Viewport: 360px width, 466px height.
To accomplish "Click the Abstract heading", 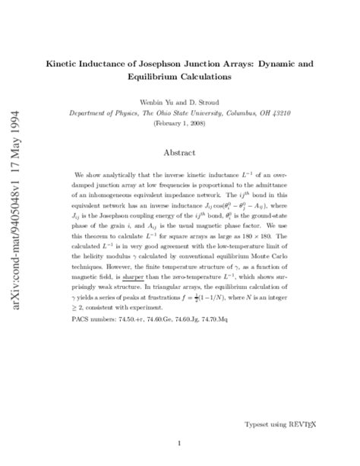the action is [179, 152].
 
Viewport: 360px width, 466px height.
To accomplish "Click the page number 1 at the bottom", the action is [179, 442].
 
